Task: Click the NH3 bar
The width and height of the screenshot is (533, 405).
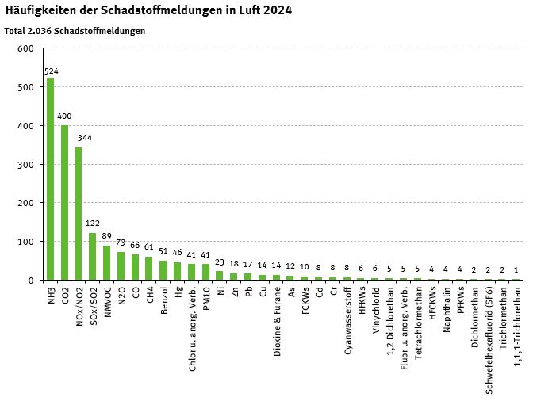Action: click(51, 178)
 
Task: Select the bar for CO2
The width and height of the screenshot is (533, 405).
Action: click(65, 203)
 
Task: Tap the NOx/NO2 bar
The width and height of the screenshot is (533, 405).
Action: click(79, 213)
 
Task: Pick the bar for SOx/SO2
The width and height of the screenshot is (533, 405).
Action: click(93, 256)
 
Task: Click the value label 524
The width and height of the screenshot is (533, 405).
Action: click(51, 71)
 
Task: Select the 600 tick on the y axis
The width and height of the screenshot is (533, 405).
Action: click(25, 48)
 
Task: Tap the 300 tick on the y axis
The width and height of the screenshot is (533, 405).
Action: click(25, 164)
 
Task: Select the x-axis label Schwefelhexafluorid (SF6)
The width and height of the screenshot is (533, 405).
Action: click(488, 330)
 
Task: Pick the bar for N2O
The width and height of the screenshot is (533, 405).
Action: click(121, 266)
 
